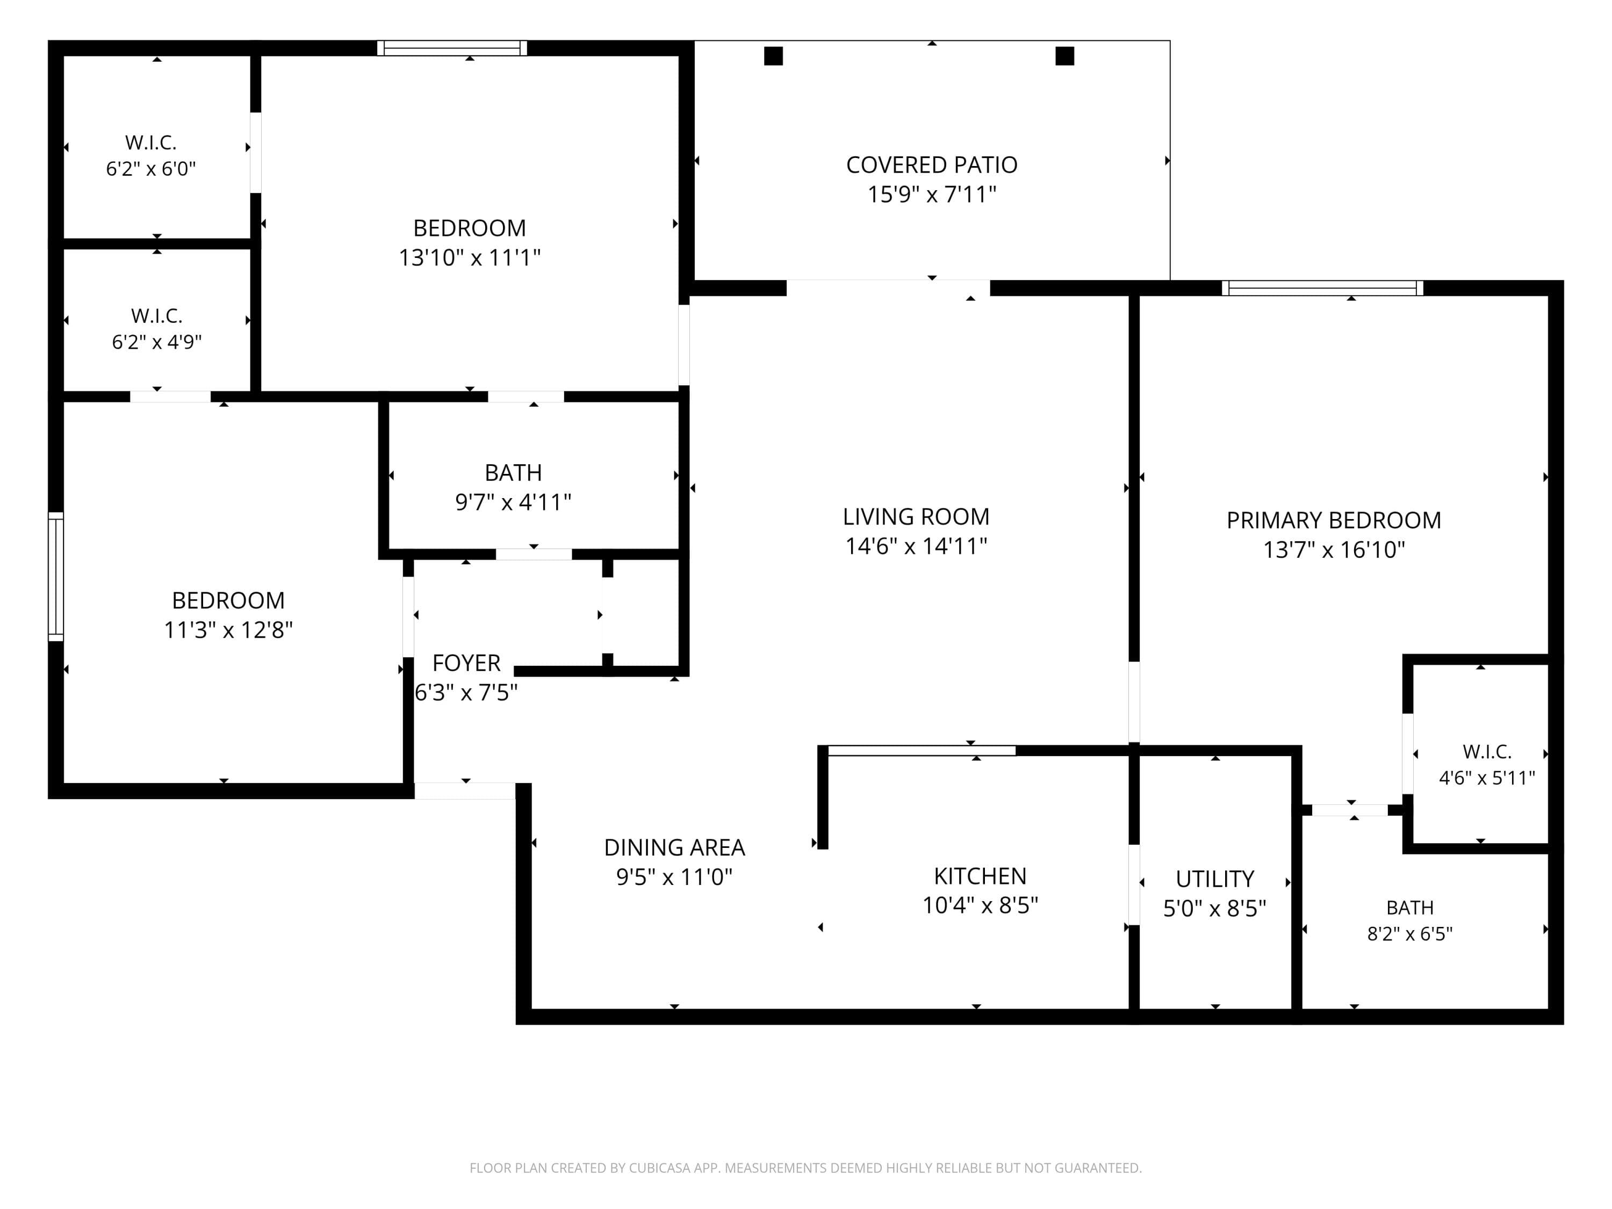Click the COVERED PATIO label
[x=931, y=165]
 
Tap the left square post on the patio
[x=773, y=56]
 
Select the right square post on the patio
[x=1064, y=56]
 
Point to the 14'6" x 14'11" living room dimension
[x=916, y=546]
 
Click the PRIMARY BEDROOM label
[x=1334, y=520]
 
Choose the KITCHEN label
[x=980, y=876]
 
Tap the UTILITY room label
[x=1215, y=880]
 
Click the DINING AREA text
[x=674, y=847]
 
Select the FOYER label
[x=466, y=663]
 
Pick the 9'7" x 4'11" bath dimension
[x=513, y=502]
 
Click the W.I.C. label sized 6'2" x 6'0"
[x=151, y=143]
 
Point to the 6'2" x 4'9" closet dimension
[x=157, y=342]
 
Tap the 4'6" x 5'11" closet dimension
[x=1487, y=778]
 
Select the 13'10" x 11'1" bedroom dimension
[x=469, y=257]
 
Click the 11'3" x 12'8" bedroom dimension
[x=228, y=630]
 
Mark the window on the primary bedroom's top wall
[x=1322, y=288]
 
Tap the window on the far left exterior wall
[x=56, y=577]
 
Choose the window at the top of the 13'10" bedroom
[x=452, y=48]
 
